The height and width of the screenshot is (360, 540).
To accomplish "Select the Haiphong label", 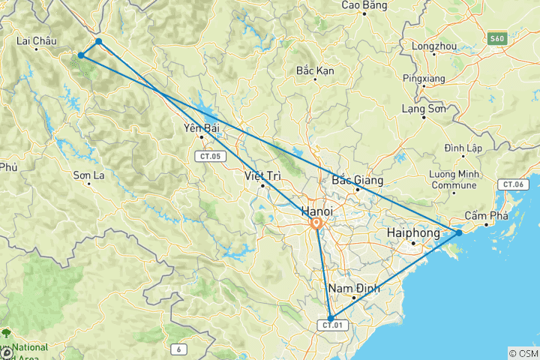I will click(412, 233).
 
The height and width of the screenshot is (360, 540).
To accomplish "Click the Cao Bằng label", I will click(363, 5).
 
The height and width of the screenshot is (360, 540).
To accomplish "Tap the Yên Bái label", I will click(201, 127).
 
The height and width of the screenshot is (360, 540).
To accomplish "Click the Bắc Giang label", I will click(358, 180).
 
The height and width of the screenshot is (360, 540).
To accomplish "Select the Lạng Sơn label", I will click(424, 109).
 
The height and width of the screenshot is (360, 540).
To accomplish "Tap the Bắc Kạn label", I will click(315, 70).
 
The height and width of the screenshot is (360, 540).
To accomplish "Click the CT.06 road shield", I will click(512, 184).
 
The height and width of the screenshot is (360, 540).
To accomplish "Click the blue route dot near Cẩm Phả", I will click(459, 232).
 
